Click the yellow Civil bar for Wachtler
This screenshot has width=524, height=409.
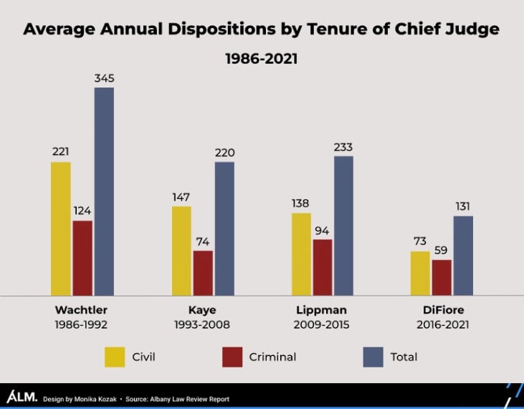(x=61, y=228)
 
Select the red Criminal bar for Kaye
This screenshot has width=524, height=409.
(x=203, y=273)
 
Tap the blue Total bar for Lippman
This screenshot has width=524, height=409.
(x=343, y=225)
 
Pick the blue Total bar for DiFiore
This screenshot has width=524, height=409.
(x=463, y=255)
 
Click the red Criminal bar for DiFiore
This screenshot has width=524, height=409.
(x=442, y=277)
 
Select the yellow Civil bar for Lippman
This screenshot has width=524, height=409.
(x=301, y=254)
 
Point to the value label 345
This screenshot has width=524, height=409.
(x=104, y=78)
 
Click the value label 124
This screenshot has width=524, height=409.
(x=82, y=211)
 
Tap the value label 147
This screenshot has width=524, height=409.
(x=181, y=197)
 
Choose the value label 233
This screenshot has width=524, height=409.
(x=343, y=147)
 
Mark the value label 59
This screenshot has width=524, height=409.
(x=442, y=250)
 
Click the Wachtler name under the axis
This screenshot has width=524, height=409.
(x=82, y=311)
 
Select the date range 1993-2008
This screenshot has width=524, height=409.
(x=203, y=324)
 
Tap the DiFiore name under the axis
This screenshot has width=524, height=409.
(x=442, y=311)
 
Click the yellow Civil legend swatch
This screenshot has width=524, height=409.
(x=115, y=357)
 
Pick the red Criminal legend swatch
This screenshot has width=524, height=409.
(x=232, y=357)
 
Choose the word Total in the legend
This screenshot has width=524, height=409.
(x=403, y=357)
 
